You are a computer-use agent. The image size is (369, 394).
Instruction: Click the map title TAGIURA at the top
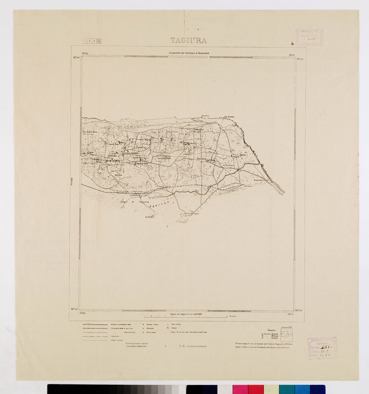click(188, 41)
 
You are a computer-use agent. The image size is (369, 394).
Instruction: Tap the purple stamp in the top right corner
click(309, 38)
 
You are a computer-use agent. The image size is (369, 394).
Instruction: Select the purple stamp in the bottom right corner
click(322, 347)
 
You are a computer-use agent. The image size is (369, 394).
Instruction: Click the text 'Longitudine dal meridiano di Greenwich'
click(188, 53)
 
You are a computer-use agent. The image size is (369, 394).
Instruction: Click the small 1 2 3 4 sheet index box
click(92, 41)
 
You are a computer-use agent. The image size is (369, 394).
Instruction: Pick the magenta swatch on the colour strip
click(240, 389)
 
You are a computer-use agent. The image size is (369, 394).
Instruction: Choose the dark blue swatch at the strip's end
click(317, 389)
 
